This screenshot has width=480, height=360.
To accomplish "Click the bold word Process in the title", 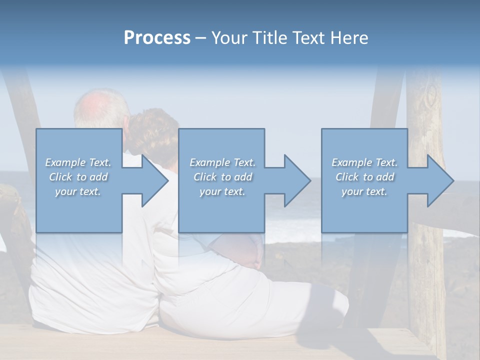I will point(157,38).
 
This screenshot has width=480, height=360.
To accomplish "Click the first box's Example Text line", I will point(78,162).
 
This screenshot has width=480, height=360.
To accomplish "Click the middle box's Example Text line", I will point(222,162).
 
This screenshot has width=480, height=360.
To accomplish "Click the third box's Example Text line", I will point(364,162).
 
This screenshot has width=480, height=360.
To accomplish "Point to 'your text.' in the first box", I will point(78,191).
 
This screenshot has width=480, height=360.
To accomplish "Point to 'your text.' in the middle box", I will point(222,191).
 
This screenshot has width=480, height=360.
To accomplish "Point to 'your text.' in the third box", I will point(364,191).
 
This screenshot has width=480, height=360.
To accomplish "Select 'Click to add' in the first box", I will point(78,177).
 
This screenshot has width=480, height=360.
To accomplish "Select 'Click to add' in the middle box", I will point(222,177).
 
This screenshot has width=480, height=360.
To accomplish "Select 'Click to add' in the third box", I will point(364,177).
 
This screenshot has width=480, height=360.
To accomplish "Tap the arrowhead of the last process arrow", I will point(439,180).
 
